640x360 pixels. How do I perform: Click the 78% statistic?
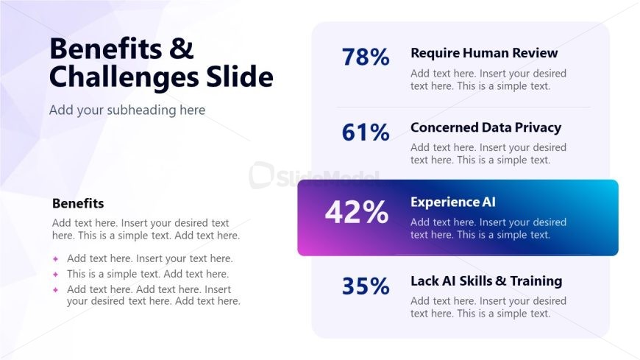[x=366, y=57]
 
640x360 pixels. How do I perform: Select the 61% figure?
[x=366, y=132]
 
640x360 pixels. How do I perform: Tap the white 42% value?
[x=356, y=212]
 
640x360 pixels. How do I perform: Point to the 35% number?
[x=366, y=286]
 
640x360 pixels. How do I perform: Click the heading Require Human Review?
[x=484, y=53]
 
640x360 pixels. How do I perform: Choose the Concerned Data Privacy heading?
[x=486, y=127]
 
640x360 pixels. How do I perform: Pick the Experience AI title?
[x=453, y=202]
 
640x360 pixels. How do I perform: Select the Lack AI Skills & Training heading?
[x=486, y=280]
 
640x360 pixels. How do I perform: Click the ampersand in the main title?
[x=180, y=48]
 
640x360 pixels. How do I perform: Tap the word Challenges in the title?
[x=124, y=77]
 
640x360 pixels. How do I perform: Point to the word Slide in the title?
[x=240, y=76]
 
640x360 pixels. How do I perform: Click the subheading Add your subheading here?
[x=127, y=110]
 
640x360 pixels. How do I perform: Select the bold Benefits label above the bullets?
[x=78, y=203]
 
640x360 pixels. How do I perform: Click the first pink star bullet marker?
[x=55, y=258]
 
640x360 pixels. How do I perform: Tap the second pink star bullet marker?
[x=55, y=274]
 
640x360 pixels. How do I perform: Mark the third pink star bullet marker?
[x=55, y=290]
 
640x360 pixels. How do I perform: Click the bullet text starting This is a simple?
[x=148, y=274]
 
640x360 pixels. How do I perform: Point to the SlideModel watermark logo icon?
[x=261, y=175]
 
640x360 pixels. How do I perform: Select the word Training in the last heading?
[x=536, y=281]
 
